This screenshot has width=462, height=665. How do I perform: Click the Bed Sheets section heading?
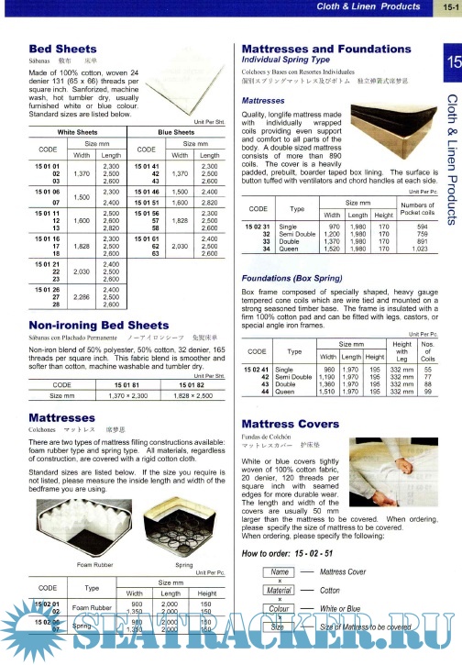tap(60, 47)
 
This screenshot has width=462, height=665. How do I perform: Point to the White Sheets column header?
tap(78, 132)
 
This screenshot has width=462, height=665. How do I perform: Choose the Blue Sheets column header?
tap(176, 132)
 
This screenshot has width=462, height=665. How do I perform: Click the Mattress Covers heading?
tap(291, 425)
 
